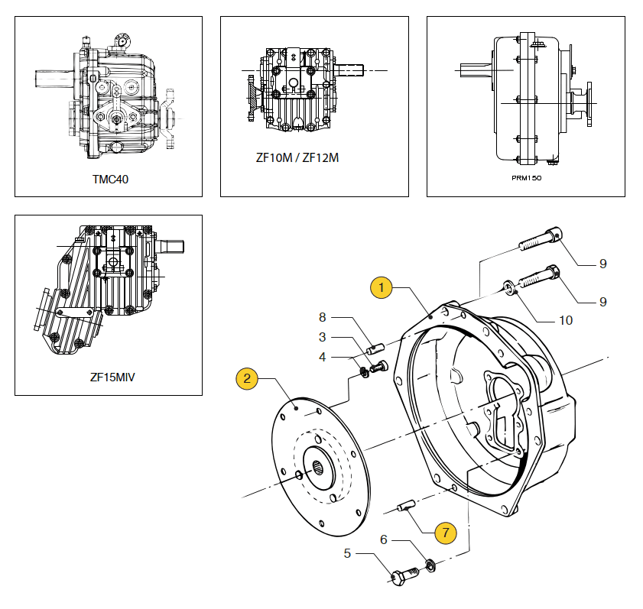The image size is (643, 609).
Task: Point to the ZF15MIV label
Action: pyautogui.click(x=112, y=377)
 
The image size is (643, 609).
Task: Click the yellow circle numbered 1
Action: pyautogui.click(x=381, y=287)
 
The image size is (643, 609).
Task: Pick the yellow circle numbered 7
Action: pyautogui.click(x=443, y=530)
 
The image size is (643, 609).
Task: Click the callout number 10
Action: pyautogui.click(x=565, y=320)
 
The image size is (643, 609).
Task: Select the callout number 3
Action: pyautogui.click(x=323, y=337)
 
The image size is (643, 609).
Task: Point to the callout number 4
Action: pyautogui.click(x=323, y=356)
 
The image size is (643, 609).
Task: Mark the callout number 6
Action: pyautogui.click(x=384, y=539)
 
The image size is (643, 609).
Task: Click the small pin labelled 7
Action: pyautogui.click(x=406, y=504)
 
